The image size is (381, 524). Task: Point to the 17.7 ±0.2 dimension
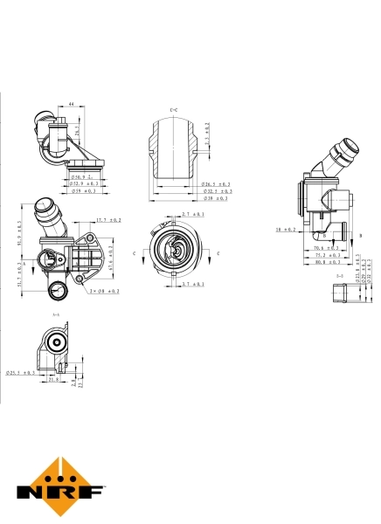(108, 220)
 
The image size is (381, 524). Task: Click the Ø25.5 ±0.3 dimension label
(21, 373)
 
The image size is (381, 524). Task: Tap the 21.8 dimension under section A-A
(53, 379)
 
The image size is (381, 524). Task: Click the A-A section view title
(56, 314)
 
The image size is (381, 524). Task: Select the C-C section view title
(173, 108)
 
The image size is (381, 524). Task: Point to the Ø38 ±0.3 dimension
(216, 198)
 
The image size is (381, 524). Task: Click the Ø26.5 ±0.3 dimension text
(216, 184)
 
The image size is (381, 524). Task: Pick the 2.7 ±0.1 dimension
(192, 214)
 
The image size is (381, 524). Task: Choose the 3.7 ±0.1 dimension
(192, 285)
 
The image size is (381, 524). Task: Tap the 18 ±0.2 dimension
(286, 230)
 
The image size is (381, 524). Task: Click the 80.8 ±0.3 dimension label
(327, 262)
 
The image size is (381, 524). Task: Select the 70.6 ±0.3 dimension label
(327, 248)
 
